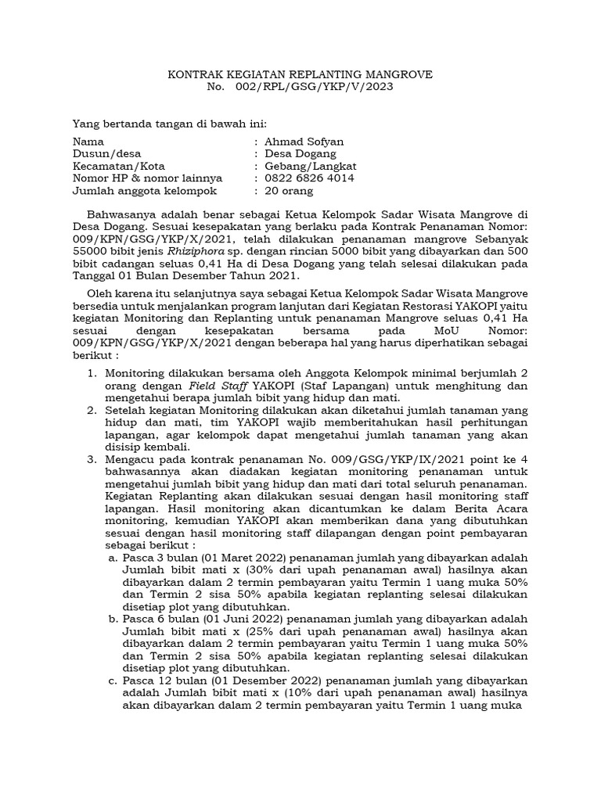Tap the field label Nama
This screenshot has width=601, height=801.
click(88, 142)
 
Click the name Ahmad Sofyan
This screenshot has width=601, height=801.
click(304, 142)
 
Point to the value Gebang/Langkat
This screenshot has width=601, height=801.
click(311, 166)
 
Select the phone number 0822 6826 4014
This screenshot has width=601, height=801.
click(309, 178)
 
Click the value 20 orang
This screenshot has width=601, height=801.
click(289, 191)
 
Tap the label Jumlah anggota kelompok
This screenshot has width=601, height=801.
click(144, 191)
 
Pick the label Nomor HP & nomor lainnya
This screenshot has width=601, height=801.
click(147, 178)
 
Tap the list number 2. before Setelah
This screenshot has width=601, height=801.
click(92, 410)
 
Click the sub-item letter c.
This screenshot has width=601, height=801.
click(114, 681)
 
